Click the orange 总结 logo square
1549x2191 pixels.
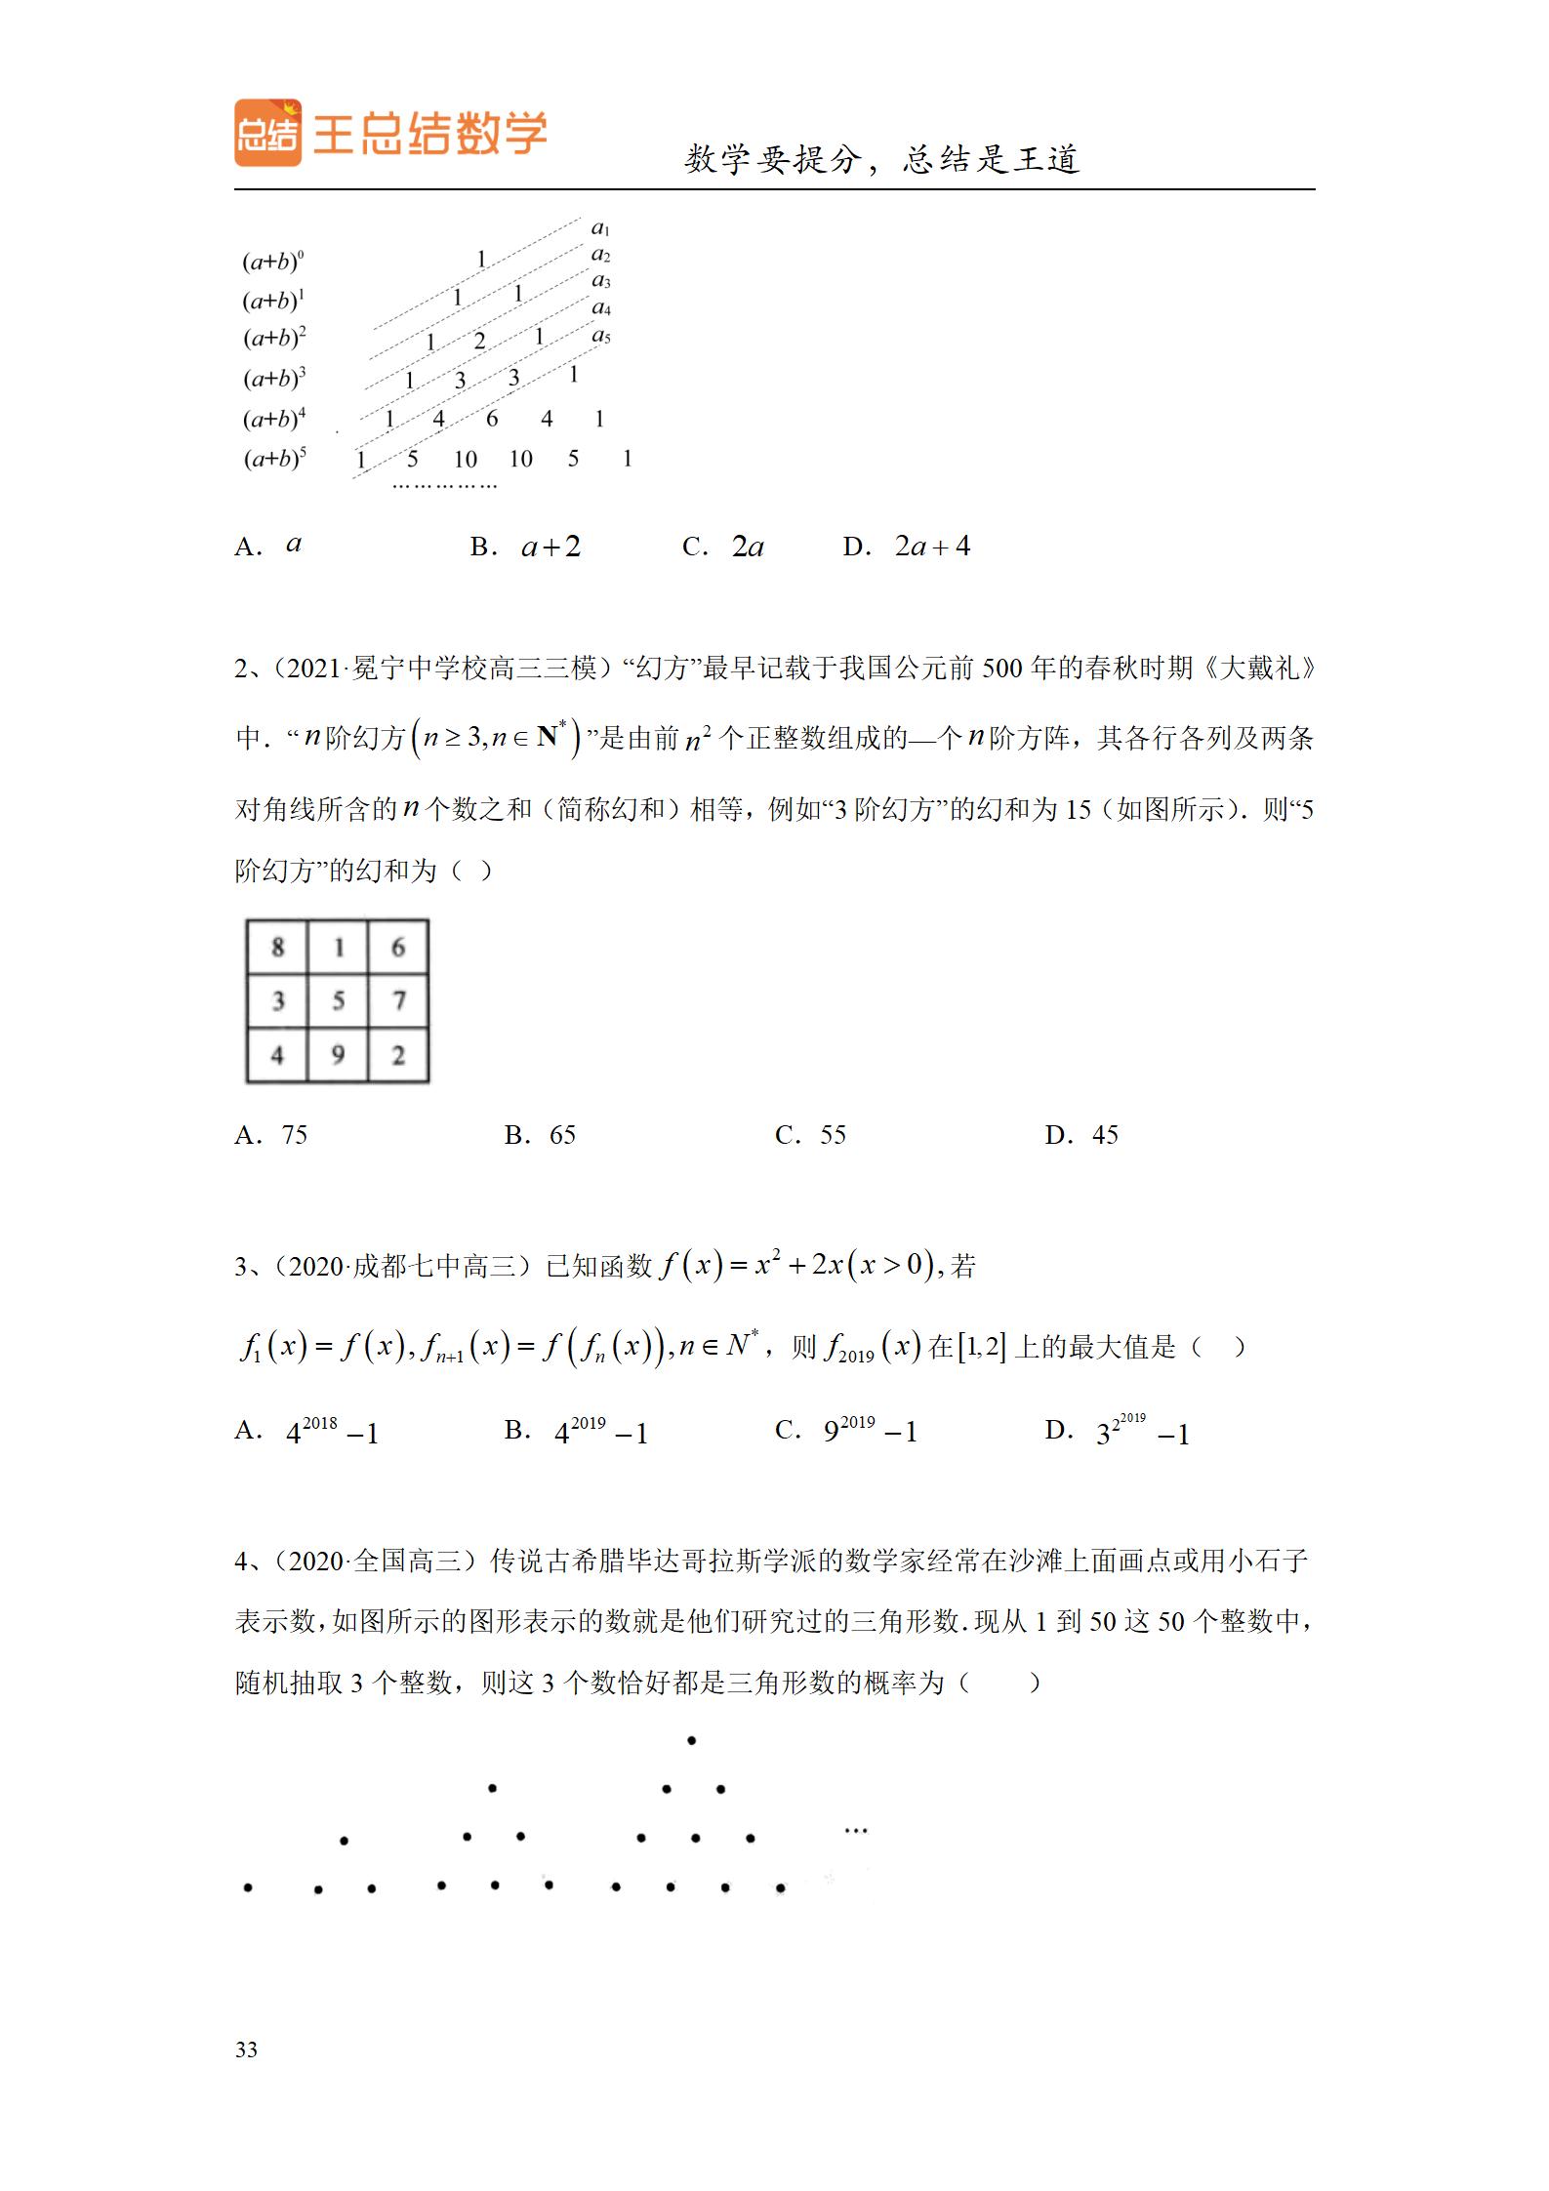[x=267, y=133]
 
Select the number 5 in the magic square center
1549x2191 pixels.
[x=338, y=1000]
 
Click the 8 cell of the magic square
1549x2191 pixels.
[x=278, y=947]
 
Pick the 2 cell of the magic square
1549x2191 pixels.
[x=398, y=1055]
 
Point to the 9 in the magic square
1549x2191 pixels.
[x=338, y=1055]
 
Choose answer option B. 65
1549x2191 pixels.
[x=541, y=1134]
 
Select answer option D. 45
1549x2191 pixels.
[x=1081, y=1134]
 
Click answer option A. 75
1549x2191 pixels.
[x=271, y=1134]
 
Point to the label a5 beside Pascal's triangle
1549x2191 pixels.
[x=601, y=336]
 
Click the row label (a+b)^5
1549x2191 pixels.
[x=274, y=458]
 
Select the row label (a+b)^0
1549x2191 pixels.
[x=273, y=262]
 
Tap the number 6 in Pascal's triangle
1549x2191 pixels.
[x=492, y=419]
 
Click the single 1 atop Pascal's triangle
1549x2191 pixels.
[x=481, y=260]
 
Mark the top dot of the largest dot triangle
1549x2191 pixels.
[x=692, y=1740]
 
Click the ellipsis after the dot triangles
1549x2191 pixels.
[x=856, y=1831]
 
